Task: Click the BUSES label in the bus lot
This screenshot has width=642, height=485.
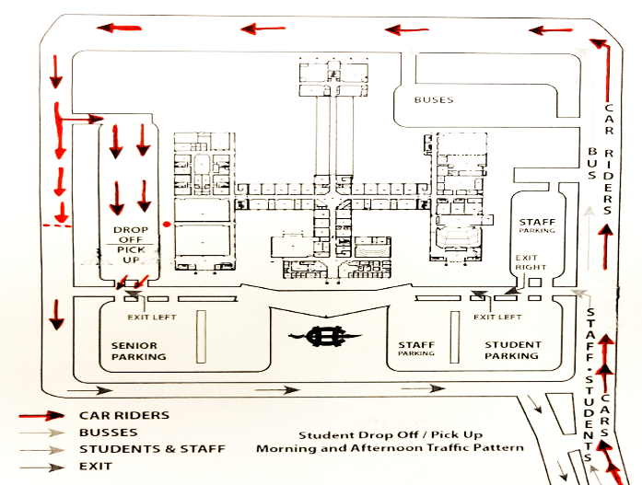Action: pyautogui.click(x=434, y=99)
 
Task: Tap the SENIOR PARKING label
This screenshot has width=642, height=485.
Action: pyautogui.click(x=138, y=352)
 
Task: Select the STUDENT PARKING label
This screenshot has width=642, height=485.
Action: pyautogui.click(x=513, y=351)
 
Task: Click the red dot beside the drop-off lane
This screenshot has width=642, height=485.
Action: pyautogui.click(x=166, y=225)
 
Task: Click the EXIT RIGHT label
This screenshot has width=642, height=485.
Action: pyautogui.click(x=530, y=262)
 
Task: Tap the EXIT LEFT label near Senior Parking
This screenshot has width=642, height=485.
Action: pyautogui.click(x=151, y=317)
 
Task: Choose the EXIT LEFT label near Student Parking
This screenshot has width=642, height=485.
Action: pyautogui.click(x=497, y=317)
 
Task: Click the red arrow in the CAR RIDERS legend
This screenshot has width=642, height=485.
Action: pyautogui.click(x=41, y=415)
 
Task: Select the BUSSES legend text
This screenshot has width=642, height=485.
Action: pyautogui.click(x=109, y=433)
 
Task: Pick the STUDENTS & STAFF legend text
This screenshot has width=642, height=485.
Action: pyautogui.click(x=152, y=449)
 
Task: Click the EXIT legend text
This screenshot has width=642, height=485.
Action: pyautogui.click(x=96, y=467)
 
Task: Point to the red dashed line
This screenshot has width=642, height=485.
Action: pyautogui.click(x=57, y=225)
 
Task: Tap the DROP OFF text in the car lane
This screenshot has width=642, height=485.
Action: pyautogui.click(x=131, y=235)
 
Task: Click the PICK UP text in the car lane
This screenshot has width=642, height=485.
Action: pyautogui.click(x=131, y=254)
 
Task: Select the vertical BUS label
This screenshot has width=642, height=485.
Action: pyautogui.click(x=592, y=163)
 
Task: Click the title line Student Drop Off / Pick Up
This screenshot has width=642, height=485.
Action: pyautogui.click(x=391, y=434)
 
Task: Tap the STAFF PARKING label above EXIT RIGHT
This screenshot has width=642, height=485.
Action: pyautogui.click(x=537, y=225)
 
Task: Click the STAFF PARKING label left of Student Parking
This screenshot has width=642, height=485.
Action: pyautogui.click(x=416, y=349)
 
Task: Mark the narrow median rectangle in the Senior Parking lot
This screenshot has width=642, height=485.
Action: pyautogui.click(x=201, y=337)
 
